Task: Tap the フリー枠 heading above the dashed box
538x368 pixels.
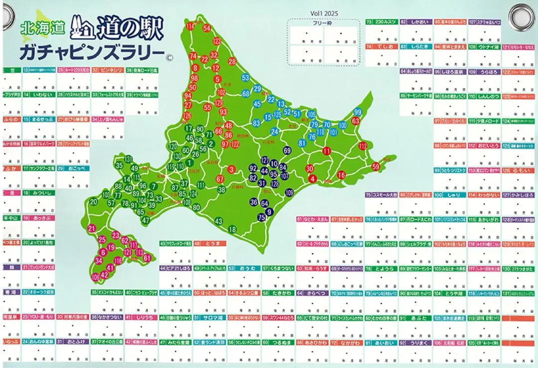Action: point(323,22)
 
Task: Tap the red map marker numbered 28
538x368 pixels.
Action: point(232,62)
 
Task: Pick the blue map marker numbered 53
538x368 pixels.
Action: point(246,78)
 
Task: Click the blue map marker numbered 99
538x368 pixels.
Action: point(357,112)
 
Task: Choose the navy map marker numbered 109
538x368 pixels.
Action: point(289,192)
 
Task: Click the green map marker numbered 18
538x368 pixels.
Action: point(232,229)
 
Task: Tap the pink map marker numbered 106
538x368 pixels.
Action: point(96,276)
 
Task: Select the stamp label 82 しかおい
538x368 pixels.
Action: point(415,22)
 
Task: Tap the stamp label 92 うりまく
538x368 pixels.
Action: point(415,343)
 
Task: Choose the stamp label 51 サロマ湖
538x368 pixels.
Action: point(210,317)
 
